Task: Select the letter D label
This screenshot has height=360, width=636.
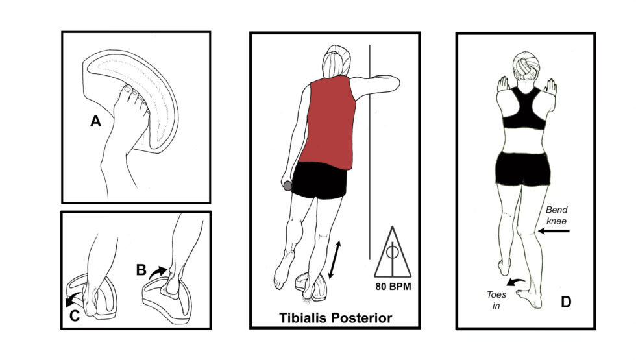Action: tap(565, 302)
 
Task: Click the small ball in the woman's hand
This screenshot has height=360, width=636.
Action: tap(287, 187)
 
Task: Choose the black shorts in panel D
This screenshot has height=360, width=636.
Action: tap(522, 167)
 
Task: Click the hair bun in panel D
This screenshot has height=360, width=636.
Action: tap(523, 65)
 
